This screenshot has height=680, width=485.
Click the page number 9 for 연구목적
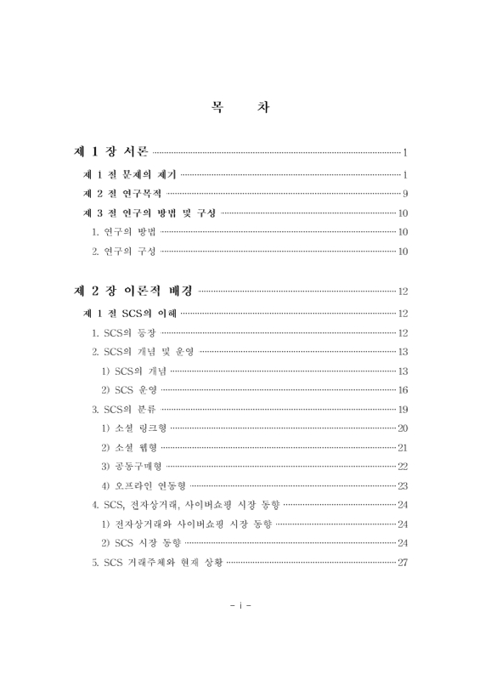407,194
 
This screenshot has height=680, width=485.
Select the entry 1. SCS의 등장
125,332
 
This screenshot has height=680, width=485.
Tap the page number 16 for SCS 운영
403,390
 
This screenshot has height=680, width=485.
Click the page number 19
403,409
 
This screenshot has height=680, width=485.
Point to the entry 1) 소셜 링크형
135,428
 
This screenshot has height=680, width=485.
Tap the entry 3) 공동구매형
132,467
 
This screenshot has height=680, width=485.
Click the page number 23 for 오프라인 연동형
403,486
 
